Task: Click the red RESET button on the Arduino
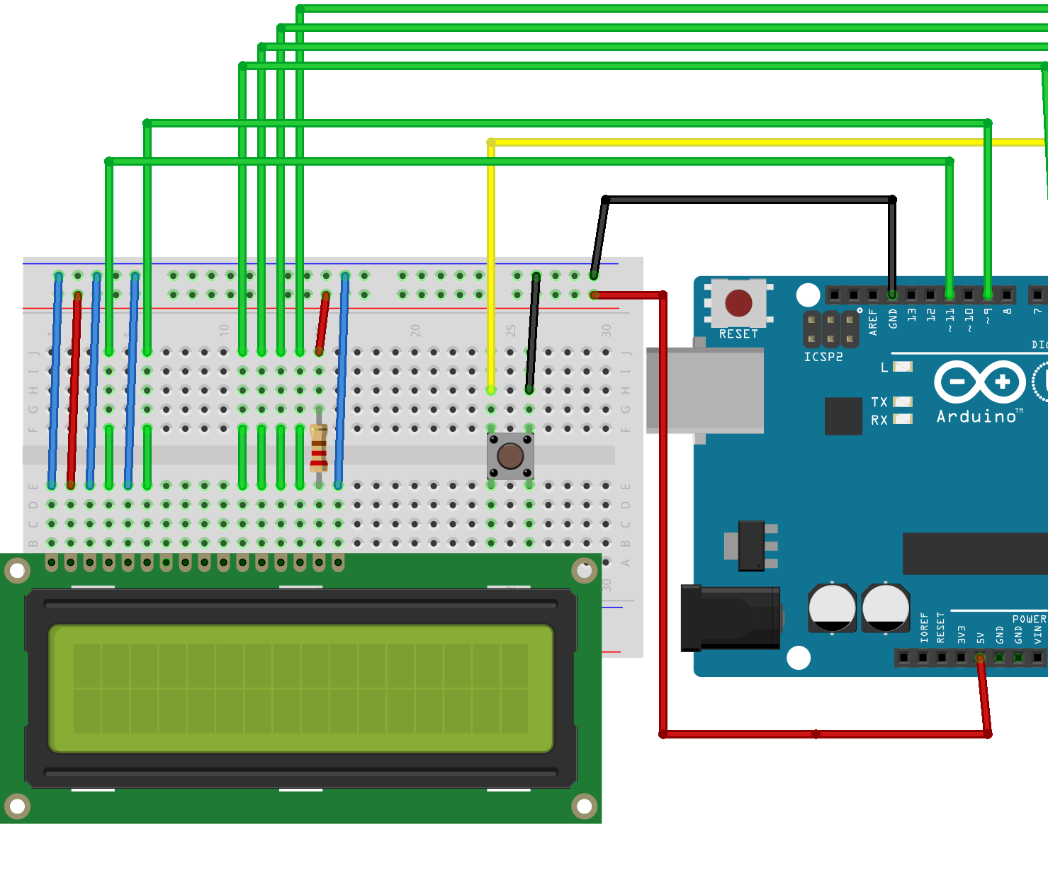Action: click(738, 303)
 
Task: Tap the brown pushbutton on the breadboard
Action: click(510, 457)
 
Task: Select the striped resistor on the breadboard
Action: click(319, 448)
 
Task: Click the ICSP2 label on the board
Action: click(823, 357)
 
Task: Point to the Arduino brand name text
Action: click(976, 416)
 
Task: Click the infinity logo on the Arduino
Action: click(980, 382)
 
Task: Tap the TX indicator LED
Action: click(903, 401)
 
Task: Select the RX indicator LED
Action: click(903, 419)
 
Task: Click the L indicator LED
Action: click(903, 367)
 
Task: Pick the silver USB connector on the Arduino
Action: click(705, 390)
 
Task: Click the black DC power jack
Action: click(730, 617)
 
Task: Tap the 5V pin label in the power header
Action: click(981, 637)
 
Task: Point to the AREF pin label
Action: click(873, 322)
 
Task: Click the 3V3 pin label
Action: click(962, 634)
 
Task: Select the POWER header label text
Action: click(1029, 619)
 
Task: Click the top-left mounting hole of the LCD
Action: click(17, 570)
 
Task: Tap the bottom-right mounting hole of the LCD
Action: click(584, 806)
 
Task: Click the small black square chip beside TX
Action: click(843, 416)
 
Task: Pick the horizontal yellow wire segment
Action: click(765, 142)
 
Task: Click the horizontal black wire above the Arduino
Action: click(748, 200)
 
